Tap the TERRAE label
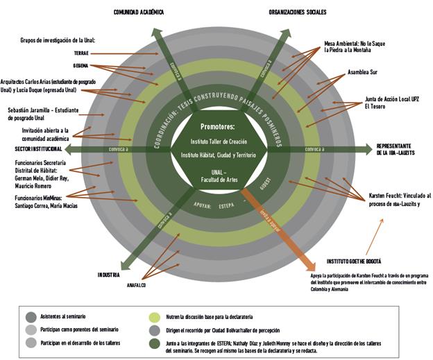point(81,53)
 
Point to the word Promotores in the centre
point(218,127)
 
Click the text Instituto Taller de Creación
point(218,142)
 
